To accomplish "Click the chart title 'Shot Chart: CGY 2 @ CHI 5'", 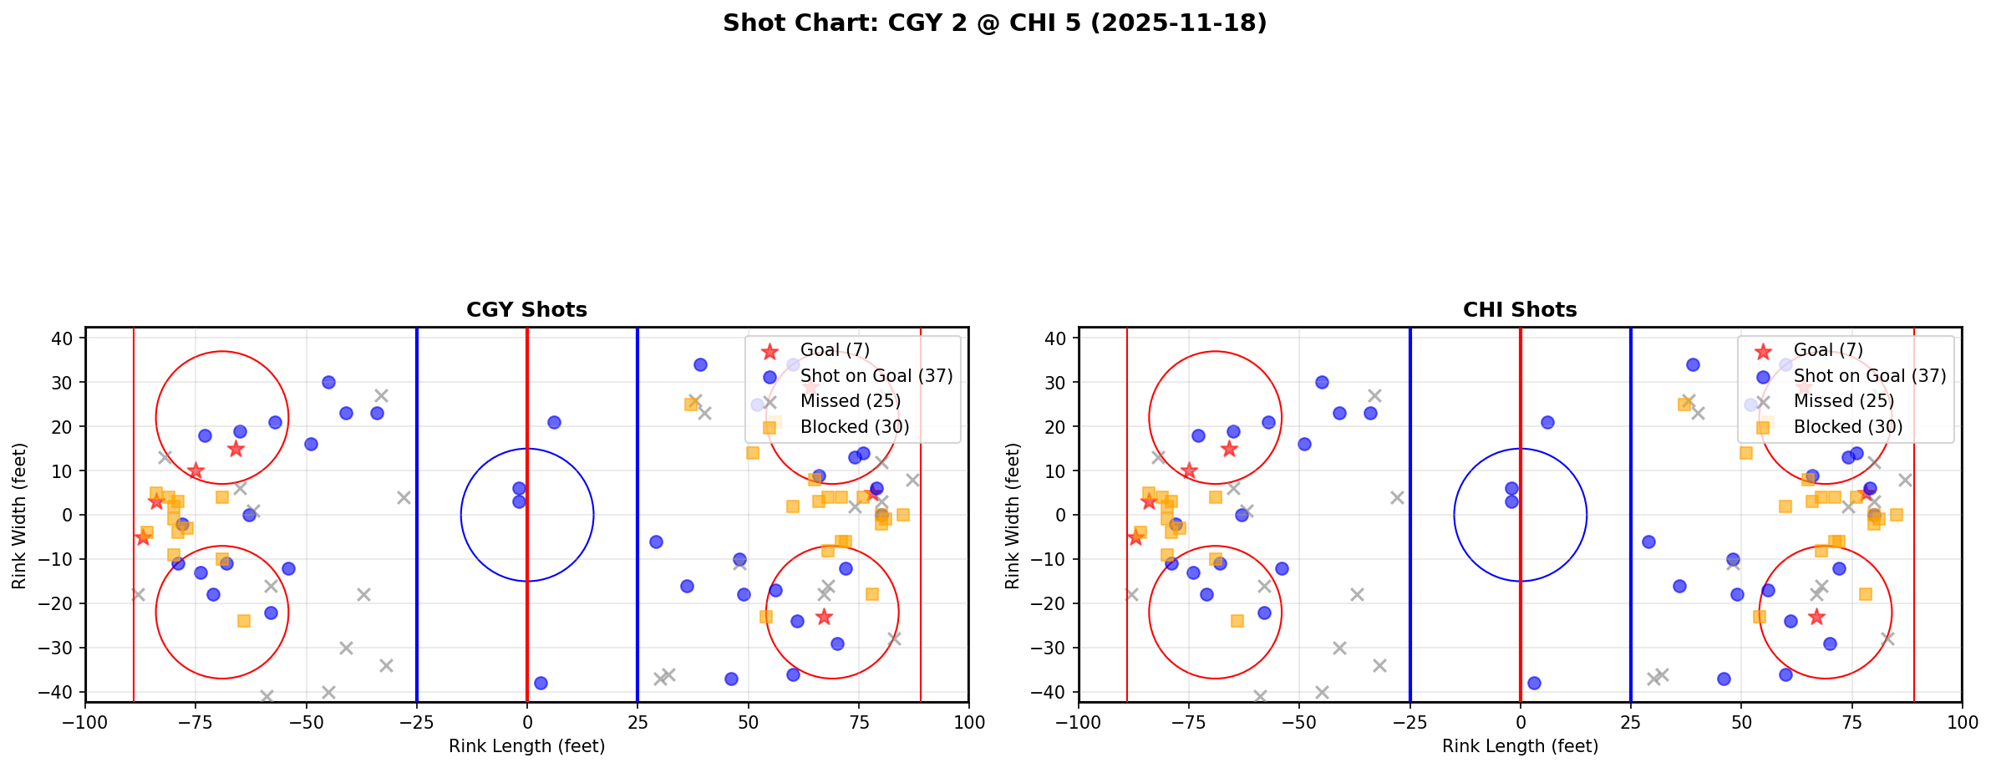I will point(994,23).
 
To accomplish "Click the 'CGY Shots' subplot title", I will point(526,310).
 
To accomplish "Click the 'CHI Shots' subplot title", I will point(1519,310).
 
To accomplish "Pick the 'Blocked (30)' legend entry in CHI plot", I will point(1847,427).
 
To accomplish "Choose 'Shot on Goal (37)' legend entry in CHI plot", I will point(1869,376).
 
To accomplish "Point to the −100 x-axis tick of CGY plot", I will point(85,722).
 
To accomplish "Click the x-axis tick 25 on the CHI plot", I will point(1630,722).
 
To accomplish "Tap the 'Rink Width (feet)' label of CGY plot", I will point(19,516).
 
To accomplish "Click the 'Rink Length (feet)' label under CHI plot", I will point(1519,746).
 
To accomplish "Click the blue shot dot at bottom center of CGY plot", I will point(541,683).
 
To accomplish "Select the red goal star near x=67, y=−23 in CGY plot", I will point(824,617).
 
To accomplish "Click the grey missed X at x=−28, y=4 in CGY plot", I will point(404,497).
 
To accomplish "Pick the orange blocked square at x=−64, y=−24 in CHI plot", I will point(1237,621).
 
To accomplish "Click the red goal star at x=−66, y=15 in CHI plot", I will point(1228,449).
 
